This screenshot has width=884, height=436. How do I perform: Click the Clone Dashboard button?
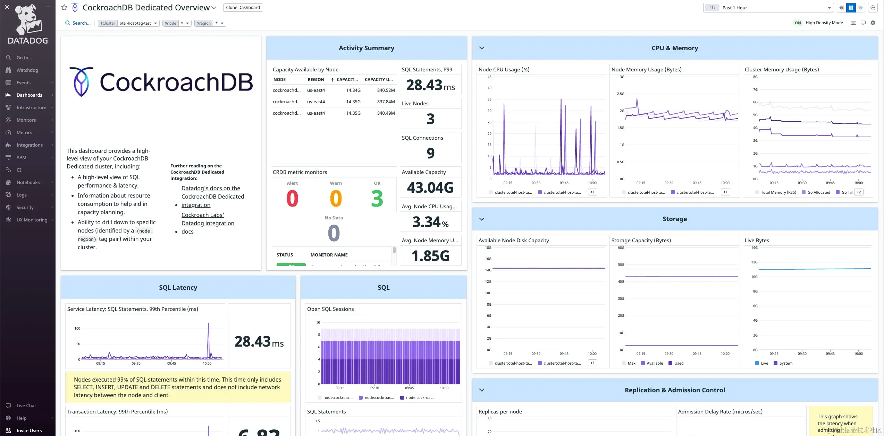243,8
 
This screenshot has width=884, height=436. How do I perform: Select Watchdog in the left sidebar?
27,70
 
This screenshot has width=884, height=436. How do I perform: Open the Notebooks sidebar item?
28,182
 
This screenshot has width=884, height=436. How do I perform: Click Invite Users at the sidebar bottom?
29,430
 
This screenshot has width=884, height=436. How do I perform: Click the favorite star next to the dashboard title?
64,8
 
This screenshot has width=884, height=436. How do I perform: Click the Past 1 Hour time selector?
774,8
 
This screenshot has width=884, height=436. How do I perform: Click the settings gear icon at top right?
873,23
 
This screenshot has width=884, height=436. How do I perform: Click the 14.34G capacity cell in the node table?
353,90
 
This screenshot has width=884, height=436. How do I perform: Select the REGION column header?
315,79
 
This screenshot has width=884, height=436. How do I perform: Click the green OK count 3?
377,199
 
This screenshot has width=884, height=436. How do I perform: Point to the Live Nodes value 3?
430,119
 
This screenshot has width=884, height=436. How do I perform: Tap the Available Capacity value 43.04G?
430,188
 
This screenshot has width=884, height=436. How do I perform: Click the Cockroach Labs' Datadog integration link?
208,219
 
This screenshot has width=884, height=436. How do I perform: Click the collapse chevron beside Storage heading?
482,219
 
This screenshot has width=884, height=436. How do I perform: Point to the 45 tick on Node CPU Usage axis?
489,77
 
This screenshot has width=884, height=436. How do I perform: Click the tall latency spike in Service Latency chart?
208,326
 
